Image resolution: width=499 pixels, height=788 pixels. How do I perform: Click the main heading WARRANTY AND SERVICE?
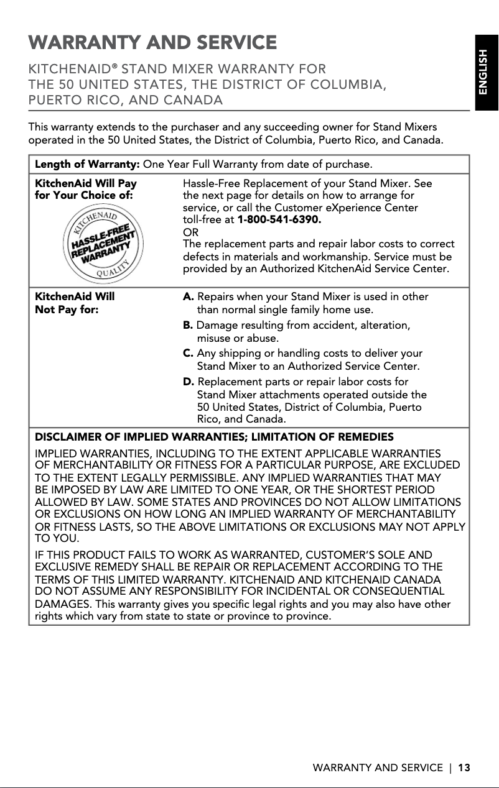(x=152, y=43)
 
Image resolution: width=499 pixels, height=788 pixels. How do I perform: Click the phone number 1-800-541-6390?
(x=280, y=220)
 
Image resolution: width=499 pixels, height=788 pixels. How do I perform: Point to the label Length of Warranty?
(x=87, y=165)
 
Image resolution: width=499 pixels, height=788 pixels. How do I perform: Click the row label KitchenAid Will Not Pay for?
(x=75, y=303)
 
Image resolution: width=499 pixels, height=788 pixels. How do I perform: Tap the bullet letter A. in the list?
(x=189, y=297)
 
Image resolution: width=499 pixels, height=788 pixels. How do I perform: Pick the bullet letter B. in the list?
(x=188, y=326)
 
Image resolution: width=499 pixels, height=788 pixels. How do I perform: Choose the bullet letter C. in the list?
(x=188, y=354)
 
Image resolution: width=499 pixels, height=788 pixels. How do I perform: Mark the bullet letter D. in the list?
(x=189, y=382)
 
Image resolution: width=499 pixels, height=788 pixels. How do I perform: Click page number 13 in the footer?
(x=464, y=768)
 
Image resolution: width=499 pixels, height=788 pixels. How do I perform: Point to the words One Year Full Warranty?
(x=203, y=165)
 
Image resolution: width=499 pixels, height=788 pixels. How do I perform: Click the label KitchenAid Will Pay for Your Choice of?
(x=86, y=190)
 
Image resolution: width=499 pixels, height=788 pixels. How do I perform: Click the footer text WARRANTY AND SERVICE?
(x=378, y=768)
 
